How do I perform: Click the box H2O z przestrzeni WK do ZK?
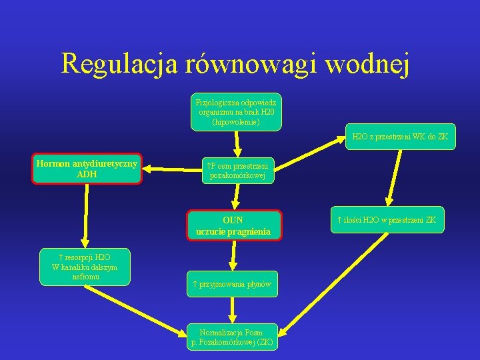pos(400,136)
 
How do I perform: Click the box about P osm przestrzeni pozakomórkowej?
pos(238,171)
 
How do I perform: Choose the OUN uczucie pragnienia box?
pos(233,225)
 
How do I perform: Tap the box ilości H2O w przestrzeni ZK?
pos(387,219)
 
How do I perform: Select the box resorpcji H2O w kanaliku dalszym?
pos(85,267)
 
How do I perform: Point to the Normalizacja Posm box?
pos(231,337)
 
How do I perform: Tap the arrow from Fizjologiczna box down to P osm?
pos(239,143)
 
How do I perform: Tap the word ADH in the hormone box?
pos(87,175)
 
